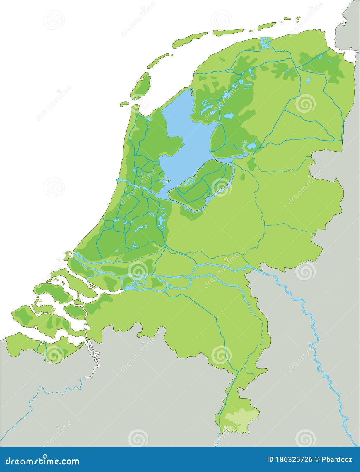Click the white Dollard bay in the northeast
tap(349, 56)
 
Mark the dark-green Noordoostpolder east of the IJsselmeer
tap(226, 140)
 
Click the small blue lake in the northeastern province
tap(308, 80)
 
